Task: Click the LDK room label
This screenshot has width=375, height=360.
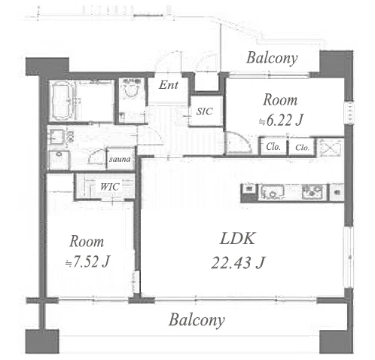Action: tap(237, 239)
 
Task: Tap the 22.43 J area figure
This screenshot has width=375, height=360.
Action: tap(238, 263)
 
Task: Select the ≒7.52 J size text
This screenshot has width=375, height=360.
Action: tap(87, 261)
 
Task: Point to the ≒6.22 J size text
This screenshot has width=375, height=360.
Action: tap(281, 121)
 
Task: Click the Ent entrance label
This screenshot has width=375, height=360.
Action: tap(169, 84)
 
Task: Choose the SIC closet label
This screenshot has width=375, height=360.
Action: tap(205, 111)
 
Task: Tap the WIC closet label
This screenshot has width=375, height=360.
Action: tap(110, 187)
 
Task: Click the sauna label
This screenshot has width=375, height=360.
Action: tap(120, 159)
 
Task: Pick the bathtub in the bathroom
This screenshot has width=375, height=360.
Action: tap(62, 101)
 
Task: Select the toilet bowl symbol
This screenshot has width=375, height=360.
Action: tap(132, 91)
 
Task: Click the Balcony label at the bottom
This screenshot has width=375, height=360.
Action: tap(197, 320)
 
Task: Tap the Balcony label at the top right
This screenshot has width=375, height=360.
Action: tap(272, 58)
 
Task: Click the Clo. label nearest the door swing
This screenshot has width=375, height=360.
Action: tap(273, 146)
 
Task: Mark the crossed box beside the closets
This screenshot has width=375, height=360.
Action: tap(331, 147)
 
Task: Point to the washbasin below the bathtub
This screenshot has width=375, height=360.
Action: tap(56, 137)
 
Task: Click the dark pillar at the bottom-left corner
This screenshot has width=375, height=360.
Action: tap(42, 341)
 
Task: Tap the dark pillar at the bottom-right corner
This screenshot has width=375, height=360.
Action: tap(336, 341)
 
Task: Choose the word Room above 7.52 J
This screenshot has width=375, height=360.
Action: tap(87, 242)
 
